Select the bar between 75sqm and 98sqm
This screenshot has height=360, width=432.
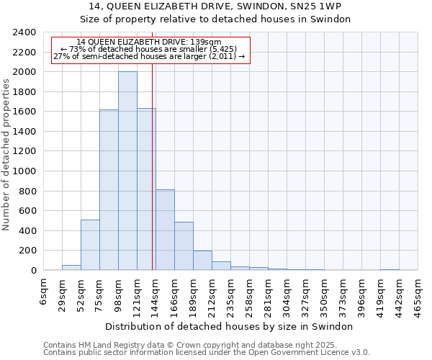click(109, 190)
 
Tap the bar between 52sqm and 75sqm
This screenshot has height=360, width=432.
click(90, 245)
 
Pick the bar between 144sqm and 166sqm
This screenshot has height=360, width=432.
click(165, 230)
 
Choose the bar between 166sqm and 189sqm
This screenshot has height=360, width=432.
click(184, 246)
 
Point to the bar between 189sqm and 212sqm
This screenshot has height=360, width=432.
click(202, 261)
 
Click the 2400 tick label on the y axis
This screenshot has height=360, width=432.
click(24, 32)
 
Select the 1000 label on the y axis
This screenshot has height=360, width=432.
click(24, 171)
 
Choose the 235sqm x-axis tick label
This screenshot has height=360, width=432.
click(231, 292)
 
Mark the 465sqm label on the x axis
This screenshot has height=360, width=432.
click(418, 292)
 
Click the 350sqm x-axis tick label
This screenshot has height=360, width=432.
click(325, 292)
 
